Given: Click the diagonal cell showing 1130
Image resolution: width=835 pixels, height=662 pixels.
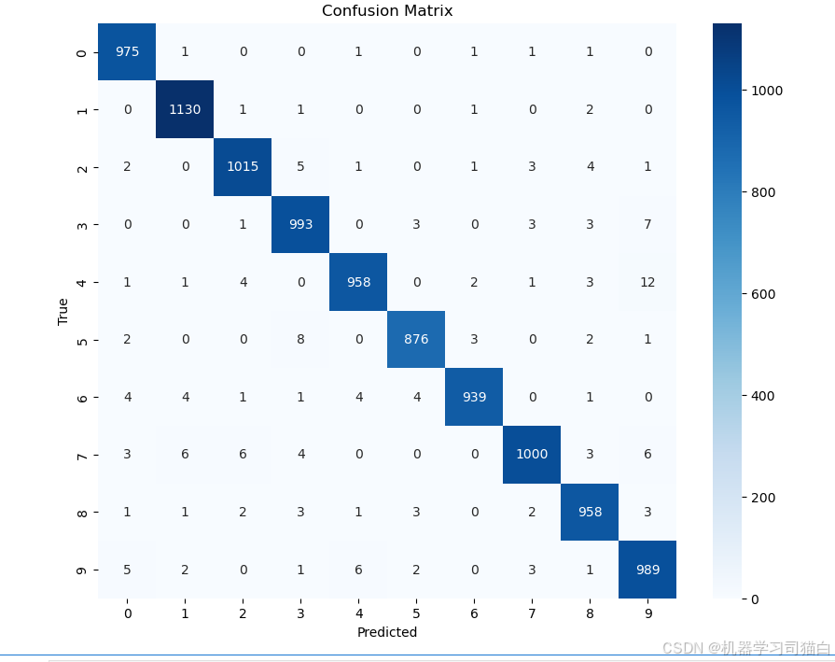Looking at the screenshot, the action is (x=185, y=109).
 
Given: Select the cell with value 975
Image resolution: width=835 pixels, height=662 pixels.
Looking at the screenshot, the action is (x=127, y=51).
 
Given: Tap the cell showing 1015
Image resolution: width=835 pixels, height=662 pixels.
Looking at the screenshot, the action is (x=243, y=167).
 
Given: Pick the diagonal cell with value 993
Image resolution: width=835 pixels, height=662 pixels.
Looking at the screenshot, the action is (x=300, y=224).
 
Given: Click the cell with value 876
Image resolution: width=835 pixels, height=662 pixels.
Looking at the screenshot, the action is (x=416, y=340).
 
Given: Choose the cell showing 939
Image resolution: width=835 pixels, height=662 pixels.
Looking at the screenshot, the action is (x=474, y=397).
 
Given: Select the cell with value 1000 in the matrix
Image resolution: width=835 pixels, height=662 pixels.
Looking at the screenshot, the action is (x=532, y=455).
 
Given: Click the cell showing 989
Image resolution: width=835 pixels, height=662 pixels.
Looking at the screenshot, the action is (x=647, y=570).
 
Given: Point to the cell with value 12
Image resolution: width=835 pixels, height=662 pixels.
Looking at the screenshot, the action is (x=647, y=282).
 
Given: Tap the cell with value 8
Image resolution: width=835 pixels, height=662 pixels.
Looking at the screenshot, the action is (x=300, y=340).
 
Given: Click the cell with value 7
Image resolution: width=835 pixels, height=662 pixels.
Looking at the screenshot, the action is (x=647, y=224).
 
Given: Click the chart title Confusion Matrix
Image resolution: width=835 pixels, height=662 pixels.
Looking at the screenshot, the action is (x=387, y=10).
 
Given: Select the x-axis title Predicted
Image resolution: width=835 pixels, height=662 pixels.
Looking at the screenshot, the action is (x=387, y=632).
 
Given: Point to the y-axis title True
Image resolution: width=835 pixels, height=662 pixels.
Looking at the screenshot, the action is (x=63, y=311).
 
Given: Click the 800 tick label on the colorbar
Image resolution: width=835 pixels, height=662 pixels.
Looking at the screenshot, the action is (x=763, y=192).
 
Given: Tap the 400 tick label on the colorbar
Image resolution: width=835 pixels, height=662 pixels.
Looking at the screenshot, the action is (x=763, y=396).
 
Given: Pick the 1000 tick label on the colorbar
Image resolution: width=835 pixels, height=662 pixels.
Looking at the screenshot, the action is (x=767, y=91).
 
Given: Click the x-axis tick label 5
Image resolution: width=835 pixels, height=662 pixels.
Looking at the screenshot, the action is (x=416, y=613).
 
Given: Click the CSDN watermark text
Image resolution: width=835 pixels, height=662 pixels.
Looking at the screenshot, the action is (x=746, y=648).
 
